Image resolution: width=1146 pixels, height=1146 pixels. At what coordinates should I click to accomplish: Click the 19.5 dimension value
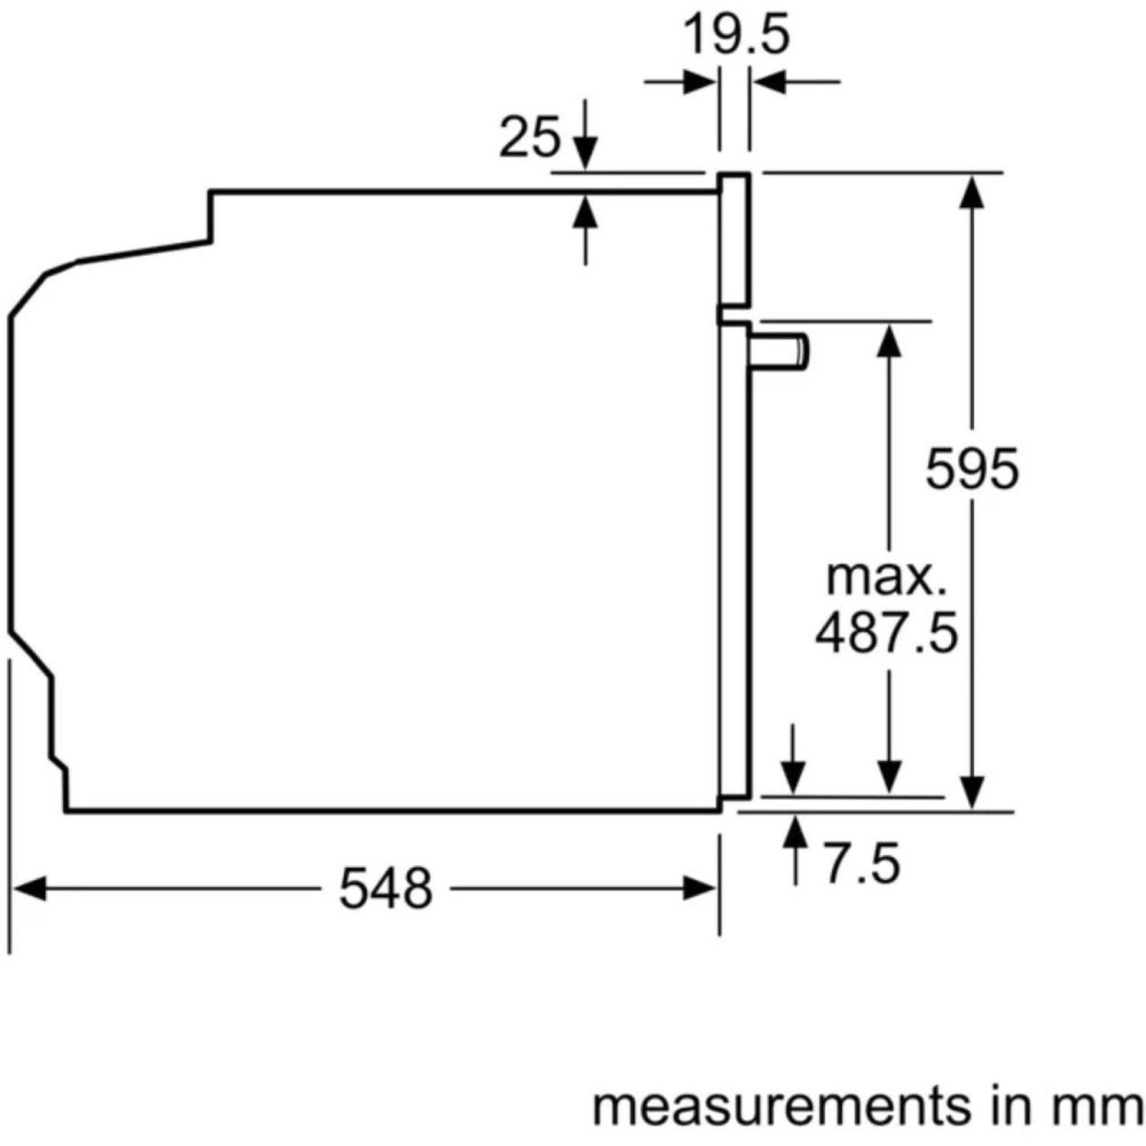coord(735,35)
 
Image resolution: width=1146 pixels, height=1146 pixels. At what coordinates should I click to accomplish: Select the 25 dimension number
coord(529,138)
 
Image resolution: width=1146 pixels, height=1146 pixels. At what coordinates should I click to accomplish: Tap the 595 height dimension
coord(972,468)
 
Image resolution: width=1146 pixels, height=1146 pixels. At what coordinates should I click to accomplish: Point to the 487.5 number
coord(886,633)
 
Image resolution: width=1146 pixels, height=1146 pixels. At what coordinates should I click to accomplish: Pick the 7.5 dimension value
coord(862,864)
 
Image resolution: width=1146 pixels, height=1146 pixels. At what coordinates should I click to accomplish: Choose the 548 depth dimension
coord(386,889)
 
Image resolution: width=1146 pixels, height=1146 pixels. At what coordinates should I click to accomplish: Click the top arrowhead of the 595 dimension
coord(972,191)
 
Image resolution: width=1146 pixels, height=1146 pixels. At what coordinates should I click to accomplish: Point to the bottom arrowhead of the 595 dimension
coord(972,792)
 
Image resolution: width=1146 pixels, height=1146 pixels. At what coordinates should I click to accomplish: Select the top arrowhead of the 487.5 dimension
coord(889,340)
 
